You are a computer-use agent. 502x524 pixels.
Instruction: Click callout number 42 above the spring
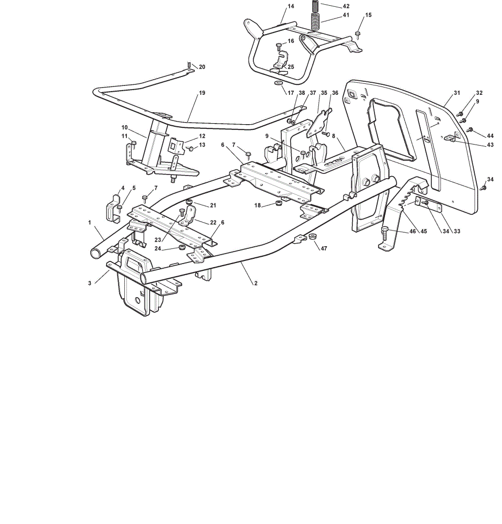[346, 6]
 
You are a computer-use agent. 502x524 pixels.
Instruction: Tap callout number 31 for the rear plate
[457, 93]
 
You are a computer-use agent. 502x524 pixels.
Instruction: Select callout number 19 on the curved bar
[202, 93]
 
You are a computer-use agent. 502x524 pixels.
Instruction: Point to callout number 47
[324, 248]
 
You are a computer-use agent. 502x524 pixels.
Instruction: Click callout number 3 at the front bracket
[90, 283]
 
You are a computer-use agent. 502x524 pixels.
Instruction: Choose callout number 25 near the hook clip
[291, 67]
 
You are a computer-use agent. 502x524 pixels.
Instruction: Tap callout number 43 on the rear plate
[490, 145]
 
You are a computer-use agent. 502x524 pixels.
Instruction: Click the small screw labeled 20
[189, 64]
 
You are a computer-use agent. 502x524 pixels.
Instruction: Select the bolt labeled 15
[357, 35]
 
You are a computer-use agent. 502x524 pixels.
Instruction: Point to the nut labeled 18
[278, 203]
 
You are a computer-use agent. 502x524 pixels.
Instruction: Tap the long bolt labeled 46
[384, 233]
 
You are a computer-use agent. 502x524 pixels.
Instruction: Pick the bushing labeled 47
[312, 236]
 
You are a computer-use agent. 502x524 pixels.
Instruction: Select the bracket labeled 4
[113, 208]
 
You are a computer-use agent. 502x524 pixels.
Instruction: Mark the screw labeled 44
[470, 129]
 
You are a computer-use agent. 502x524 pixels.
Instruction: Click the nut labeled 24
[182, 247]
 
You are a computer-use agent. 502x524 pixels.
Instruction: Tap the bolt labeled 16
[279, 47]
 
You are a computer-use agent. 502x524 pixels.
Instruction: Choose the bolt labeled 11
[133, 145]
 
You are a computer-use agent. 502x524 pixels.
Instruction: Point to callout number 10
[124, 127]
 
